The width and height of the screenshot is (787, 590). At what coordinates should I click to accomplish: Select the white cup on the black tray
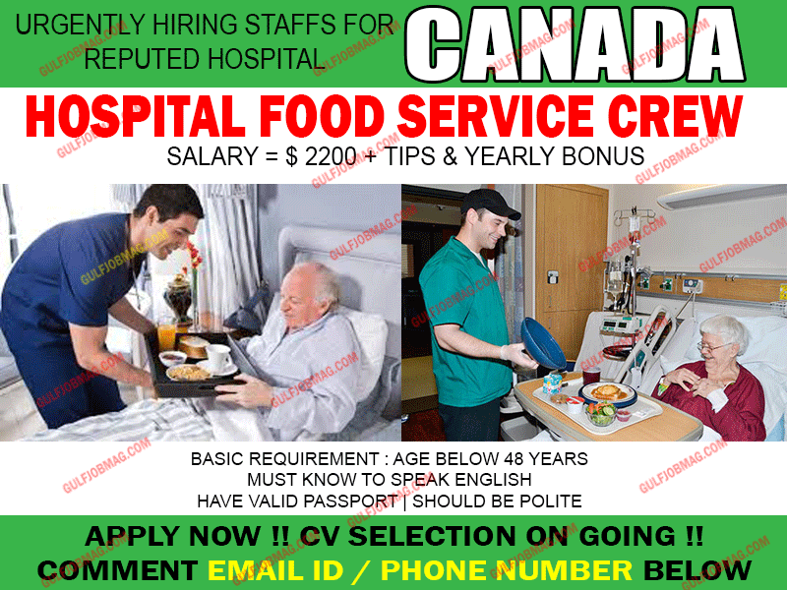tap(217, 356)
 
